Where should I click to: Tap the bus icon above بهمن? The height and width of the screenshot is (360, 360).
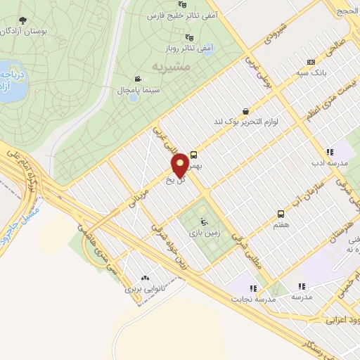pos(193,155)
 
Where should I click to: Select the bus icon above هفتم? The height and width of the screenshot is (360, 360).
pos(281,213)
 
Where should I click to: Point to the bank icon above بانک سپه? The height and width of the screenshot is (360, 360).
pos(311,61)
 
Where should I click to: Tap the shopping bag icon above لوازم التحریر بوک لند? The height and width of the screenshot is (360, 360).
pos(245,110)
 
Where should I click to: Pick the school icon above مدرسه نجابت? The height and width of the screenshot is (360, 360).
pos(252,288)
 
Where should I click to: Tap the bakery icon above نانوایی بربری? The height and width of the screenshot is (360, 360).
pos(146,278)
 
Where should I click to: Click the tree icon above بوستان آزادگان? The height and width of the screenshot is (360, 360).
pos(23,20)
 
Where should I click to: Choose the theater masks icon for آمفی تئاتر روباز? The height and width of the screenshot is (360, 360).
pos(188,37)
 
